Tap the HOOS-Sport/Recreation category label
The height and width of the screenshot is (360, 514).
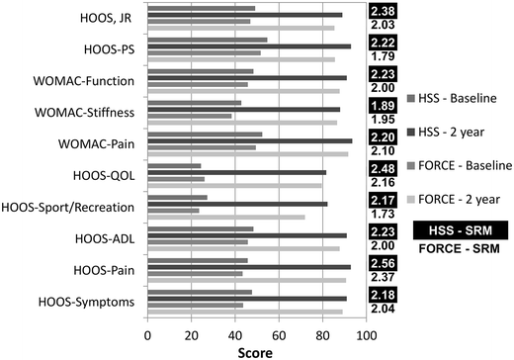[x=70, y=206]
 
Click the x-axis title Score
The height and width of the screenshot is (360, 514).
[x=258, y=350]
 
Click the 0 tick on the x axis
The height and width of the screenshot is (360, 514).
[x=148, y=334]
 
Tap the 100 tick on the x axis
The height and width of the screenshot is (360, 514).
[x=368, y=334]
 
